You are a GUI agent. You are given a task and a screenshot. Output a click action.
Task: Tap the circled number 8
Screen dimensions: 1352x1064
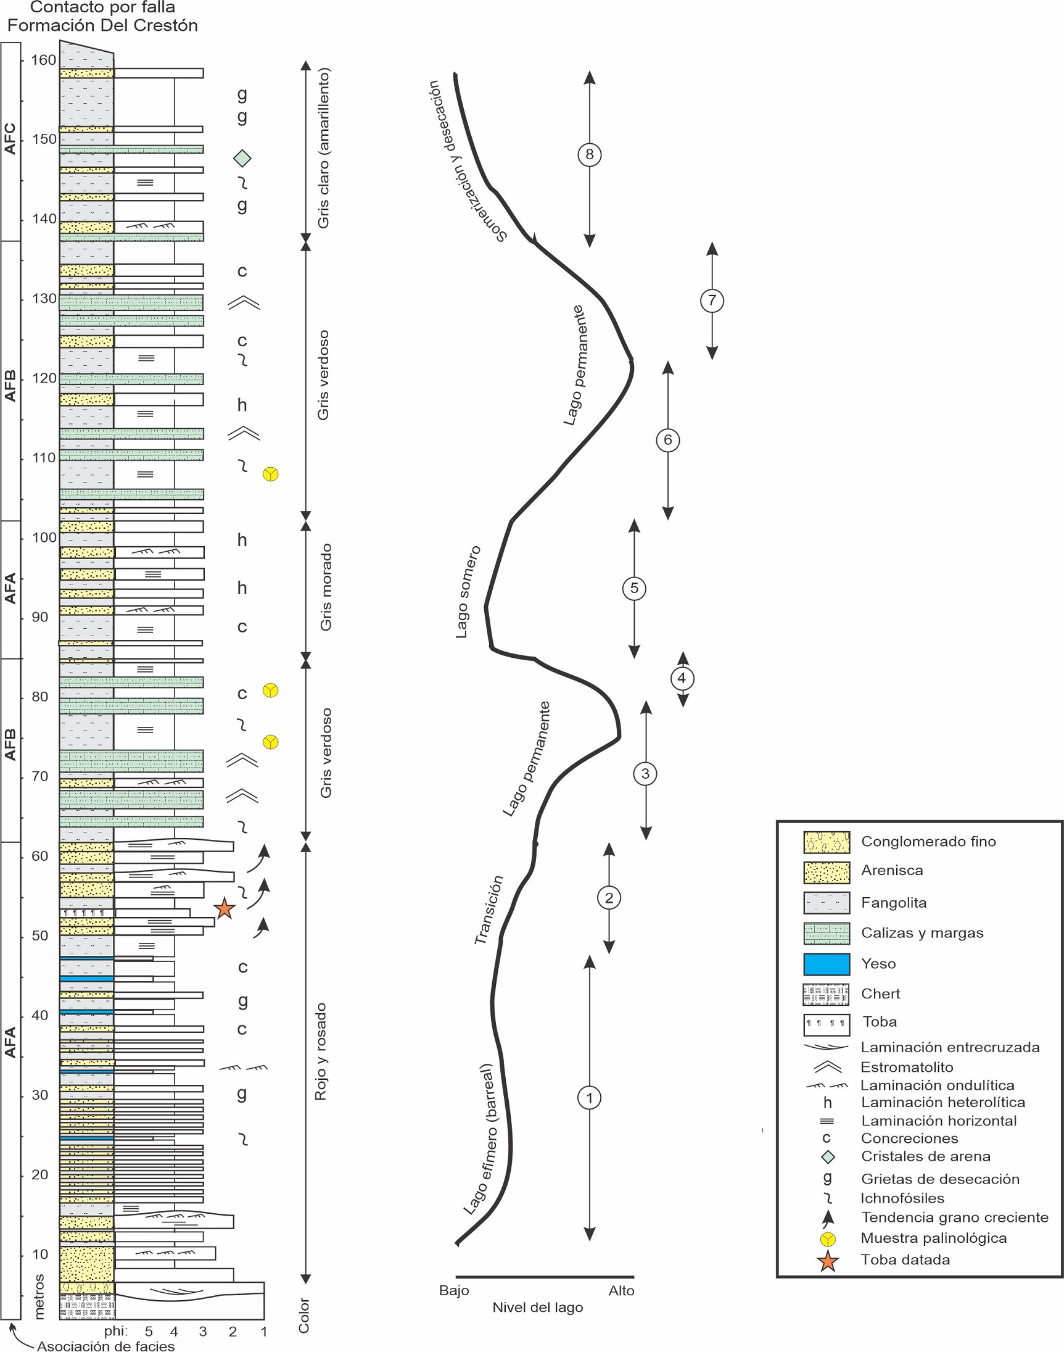point(589,154)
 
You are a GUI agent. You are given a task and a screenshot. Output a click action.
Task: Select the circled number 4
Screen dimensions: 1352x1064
point(682,678)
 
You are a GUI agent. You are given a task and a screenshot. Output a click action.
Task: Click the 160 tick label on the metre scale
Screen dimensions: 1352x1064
point(44,60)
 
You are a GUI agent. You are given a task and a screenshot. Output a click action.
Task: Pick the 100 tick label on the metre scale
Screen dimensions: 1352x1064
point(44,537)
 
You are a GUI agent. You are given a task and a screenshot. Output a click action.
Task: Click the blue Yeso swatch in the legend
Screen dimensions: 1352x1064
point(826,963)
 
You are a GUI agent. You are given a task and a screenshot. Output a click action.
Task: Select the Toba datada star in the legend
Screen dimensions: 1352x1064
point(828,1260)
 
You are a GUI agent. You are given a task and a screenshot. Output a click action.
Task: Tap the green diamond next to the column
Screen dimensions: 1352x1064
point(242,158)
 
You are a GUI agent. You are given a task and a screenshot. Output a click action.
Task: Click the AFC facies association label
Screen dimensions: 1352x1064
point(10,138)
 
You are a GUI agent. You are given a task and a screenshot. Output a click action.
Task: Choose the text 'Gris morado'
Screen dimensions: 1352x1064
point(325,587)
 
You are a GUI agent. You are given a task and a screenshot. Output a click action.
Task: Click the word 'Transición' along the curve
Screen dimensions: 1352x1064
point(489,910)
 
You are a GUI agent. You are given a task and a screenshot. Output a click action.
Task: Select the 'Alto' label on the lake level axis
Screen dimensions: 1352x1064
point(621,1290)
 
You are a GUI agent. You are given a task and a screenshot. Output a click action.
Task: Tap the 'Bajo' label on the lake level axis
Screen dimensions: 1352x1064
point(453,1290)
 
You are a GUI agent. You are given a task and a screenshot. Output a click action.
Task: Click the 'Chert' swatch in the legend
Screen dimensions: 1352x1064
point(826,994)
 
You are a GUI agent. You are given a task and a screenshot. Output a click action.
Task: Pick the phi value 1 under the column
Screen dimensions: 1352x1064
point(264,1332)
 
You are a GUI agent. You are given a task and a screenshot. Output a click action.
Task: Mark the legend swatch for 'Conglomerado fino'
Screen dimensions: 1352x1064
point(826,842)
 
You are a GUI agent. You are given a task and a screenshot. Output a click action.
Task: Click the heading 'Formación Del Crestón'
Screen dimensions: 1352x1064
point(102,25)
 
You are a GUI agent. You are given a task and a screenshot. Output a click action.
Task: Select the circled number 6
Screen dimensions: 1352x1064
point(668,440)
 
